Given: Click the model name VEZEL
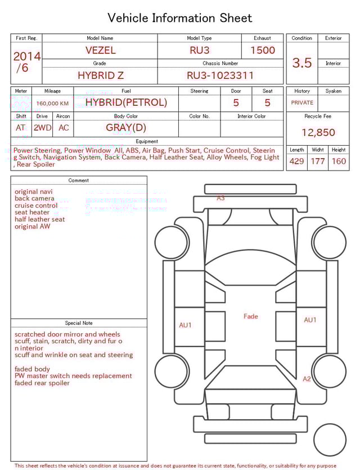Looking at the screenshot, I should pos(100,50).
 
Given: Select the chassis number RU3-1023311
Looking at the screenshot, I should pos(220,75).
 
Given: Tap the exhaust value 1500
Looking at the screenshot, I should pos(262,50).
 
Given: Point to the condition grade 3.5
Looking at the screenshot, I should pos(302,62).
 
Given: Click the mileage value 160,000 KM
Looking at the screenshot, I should pos(52,104).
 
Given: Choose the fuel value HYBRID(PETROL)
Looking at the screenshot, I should pos(126,102).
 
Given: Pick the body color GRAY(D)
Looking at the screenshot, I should pos(126,127).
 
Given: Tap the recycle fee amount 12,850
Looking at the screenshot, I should pos(318,132).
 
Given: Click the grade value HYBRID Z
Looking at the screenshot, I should pos(100,75).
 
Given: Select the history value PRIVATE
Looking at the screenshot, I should pos(302,103).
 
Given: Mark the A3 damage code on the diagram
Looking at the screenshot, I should pos(221,198).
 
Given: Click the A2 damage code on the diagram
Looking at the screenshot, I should pos(307,379).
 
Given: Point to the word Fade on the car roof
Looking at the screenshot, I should pos(251,316).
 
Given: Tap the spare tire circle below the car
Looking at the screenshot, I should pos(330,440).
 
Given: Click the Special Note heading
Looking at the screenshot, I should pos(79,323).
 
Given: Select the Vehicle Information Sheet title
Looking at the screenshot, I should pos(180,18).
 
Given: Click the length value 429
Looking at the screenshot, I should pos(296,162).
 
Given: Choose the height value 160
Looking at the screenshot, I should pos(339,162).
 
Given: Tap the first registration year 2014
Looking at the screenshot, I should pos(26,56).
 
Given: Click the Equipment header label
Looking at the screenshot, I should pos(147,141).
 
